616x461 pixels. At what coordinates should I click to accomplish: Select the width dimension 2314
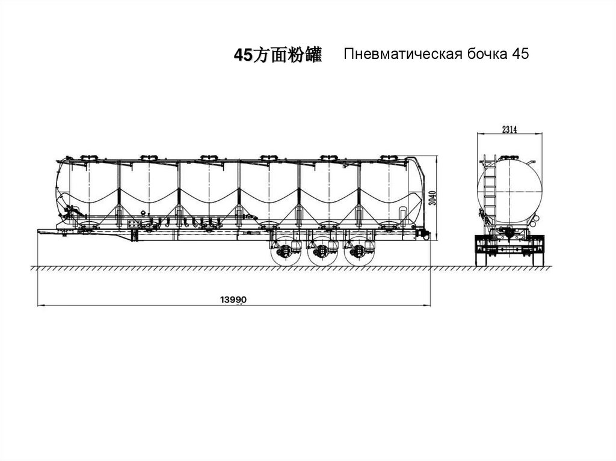tap(509, 129)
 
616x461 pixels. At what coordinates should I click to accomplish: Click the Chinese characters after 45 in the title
tap(286, 56)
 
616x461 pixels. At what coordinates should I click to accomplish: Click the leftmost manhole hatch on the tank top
tap(88, 158)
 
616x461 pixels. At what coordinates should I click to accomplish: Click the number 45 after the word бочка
tap(520, 55)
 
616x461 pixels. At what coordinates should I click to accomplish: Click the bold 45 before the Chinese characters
tap(241, 56)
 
